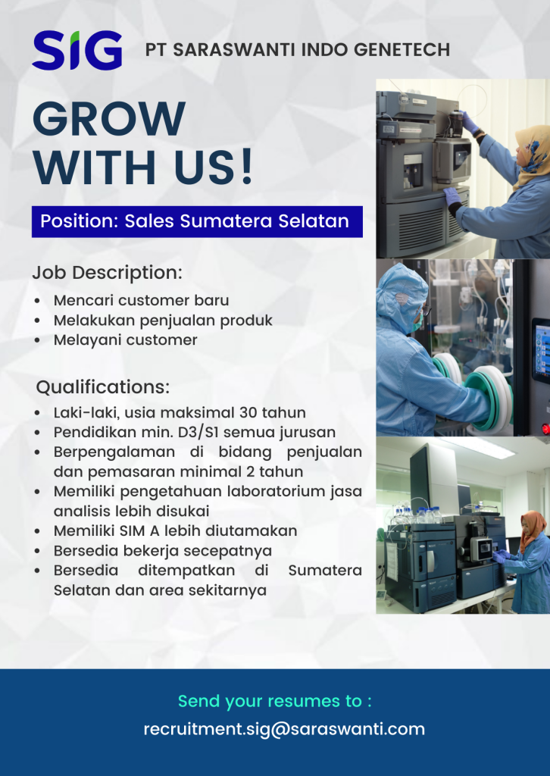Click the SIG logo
[x=77, y=51]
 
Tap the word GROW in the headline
[x=109, y=120]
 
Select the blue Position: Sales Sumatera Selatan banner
[x=196, y=221]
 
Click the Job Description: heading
[x=107, y=272]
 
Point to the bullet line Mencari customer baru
[x=141, y=300]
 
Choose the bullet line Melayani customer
[x=125, y=340]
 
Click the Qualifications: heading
[x=102, y=387]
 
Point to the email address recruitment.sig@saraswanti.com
[x=284, y=729]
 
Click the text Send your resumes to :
[x=275, y=701]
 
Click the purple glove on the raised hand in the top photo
[x=470, y=123]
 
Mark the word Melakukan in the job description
[x=89, y=321]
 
